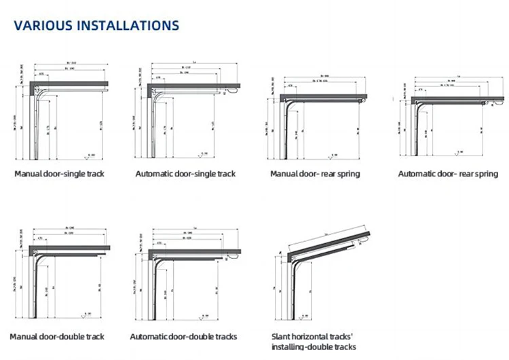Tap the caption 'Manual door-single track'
click(x=59, y=174)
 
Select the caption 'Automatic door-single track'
click(x=185, y=174)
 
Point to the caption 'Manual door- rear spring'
click(x=315, y=174)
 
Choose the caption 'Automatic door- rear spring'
click(x=448, y=174)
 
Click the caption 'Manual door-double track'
click(x=57, y=336)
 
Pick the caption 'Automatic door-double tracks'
click(x=183, y=336)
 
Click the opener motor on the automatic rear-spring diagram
click(x=485, y=103)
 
